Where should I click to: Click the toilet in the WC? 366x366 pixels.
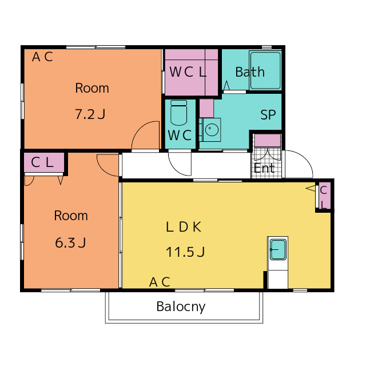click(178, 113)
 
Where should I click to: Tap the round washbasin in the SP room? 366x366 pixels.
click(212, 129)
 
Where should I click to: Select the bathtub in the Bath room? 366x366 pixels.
click(265, 70)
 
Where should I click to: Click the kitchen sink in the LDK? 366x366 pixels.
click(278, 249)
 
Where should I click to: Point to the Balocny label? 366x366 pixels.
click(181, 307)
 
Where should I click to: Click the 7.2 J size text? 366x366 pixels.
click(90, 114)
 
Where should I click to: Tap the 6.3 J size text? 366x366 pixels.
click(70, 242)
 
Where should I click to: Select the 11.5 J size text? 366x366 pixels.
click(185, 252)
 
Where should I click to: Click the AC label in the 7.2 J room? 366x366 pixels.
click(42, 57)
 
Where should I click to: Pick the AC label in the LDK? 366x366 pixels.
click(160, 282)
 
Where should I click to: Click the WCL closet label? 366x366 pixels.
click(188, 72)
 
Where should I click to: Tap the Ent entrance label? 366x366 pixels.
click(264, 168)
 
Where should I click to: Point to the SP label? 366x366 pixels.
click(268, 114)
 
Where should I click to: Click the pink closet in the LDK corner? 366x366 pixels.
click(324, 196)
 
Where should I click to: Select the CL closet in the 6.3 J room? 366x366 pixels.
click(44, 162)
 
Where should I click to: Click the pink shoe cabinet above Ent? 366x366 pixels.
click(267, 140)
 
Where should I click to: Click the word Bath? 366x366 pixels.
click(250, 72)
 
